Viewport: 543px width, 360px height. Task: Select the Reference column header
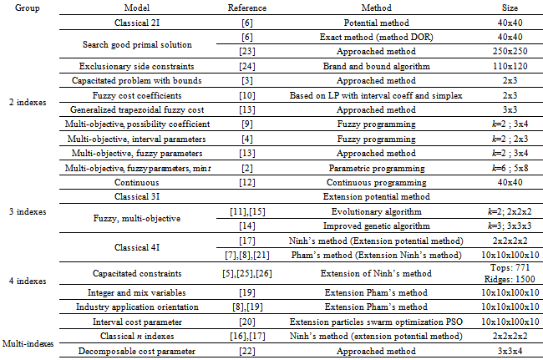[247, 8]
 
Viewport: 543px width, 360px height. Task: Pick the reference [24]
[247, 65]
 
